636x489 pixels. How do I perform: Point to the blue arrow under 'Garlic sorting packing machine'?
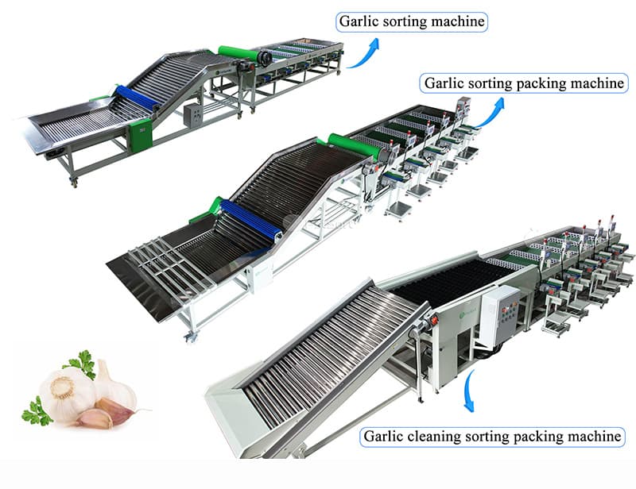click(490, 113)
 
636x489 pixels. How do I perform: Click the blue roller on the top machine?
click(137, 98)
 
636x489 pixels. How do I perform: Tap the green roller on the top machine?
click(239, 54)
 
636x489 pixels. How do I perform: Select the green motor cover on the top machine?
click(141, 135)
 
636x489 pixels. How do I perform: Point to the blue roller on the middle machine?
click(251, 218)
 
